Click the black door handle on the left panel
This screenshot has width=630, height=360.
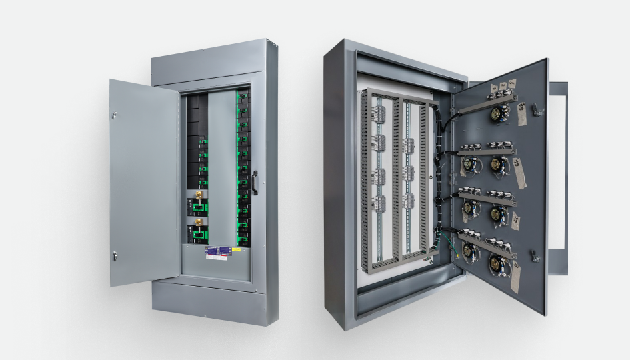(x=254, y=182)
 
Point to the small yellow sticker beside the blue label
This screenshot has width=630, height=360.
(x=235, y=251)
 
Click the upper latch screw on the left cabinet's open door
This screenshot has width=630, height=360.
(x=114, y=115)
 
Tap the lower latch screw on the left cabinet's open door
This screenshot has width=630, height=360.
(x=115, y=255)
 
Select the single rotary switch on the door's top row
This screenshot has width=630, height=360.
(x=497, y=114)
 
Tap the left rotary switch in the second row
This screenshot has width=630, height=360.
(x=469, y=163)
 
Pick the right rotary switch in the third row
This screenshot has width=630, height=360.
(x=498, y=213)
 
